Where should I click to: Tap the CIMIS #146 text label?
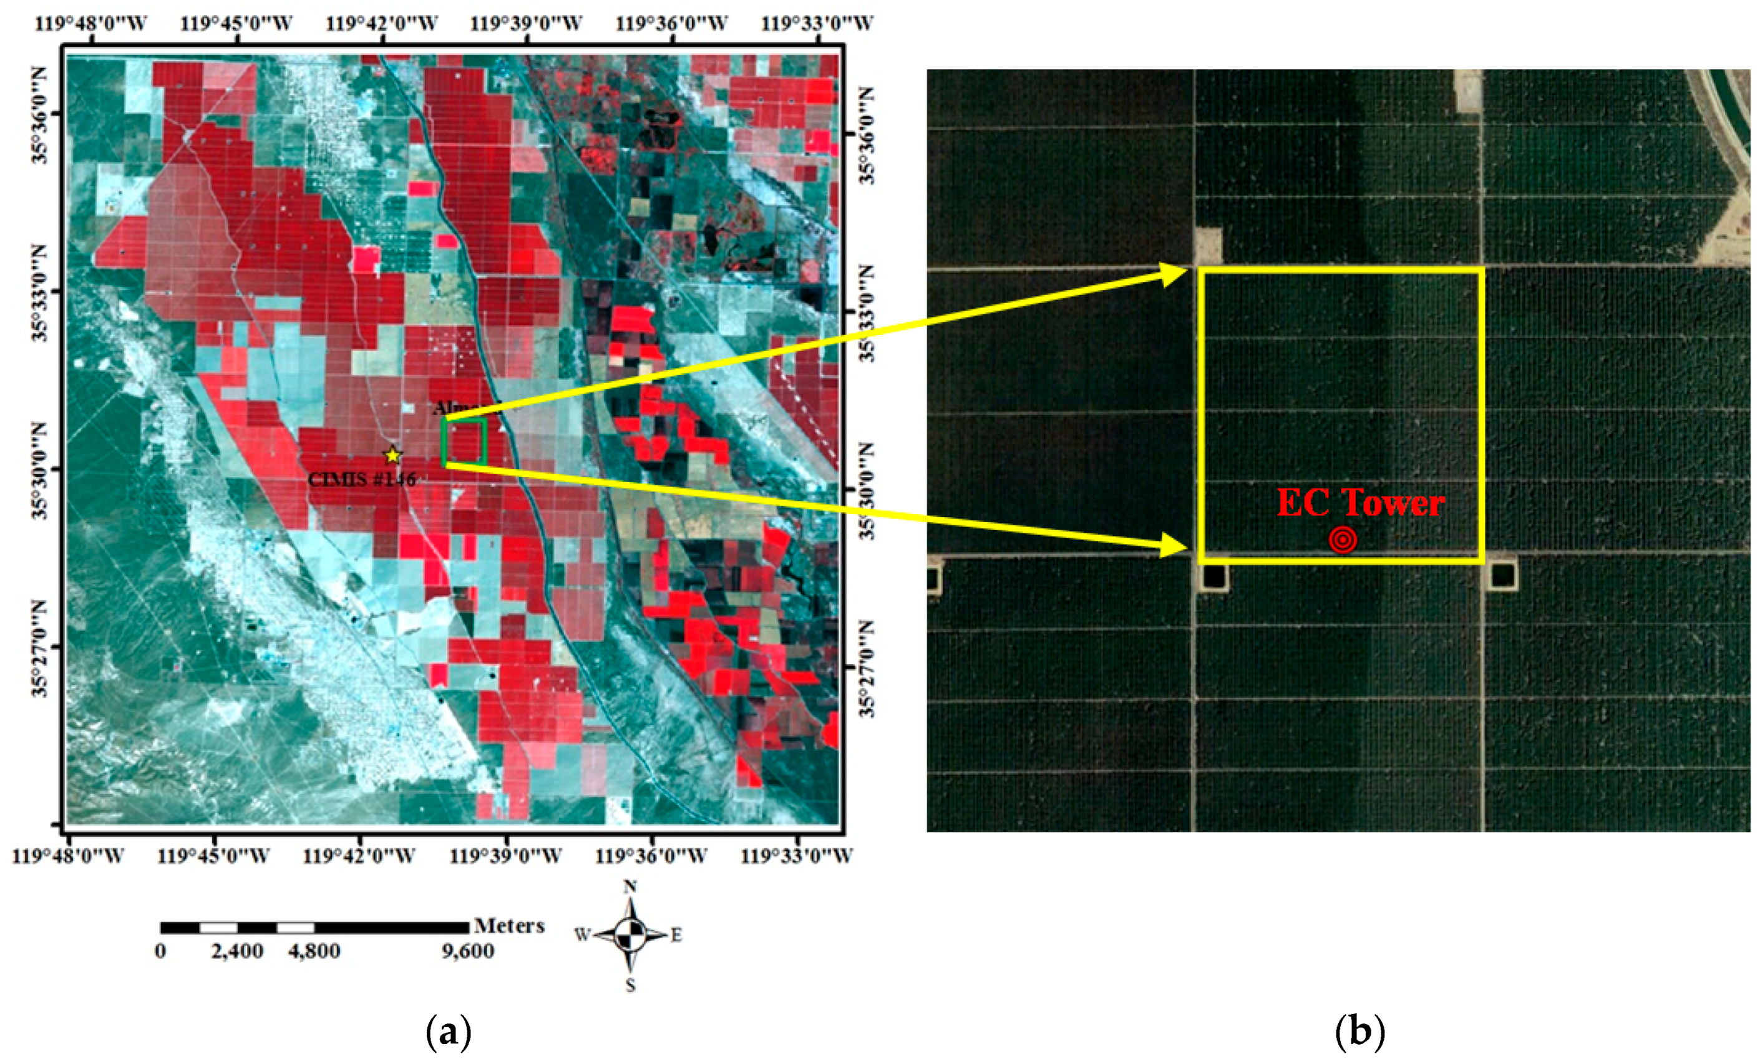pyautogui.click(x=361, y=479)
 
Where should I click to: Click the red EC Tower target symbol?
pyautogui.click(x=1343, y=540)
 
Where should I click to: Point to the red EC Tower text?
pyautogui.click(x=1360, y=503)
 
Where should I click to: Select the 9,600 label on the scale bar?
pyautogui.click(x=468, y=952)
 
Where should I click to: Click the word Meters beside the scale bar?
pyautogui.click(x=509, y=926)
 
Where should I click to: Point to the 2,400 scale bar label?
pyautogui.click(x=237, y=952)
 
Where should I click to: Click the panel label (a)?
pyautogui.click(x=449, y=1033)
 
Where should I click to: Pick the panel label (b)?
pyautogui.click(x=1360, y=1033)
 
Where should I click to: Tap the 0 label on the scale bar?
pyautogui.click(x=161, y=952)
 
